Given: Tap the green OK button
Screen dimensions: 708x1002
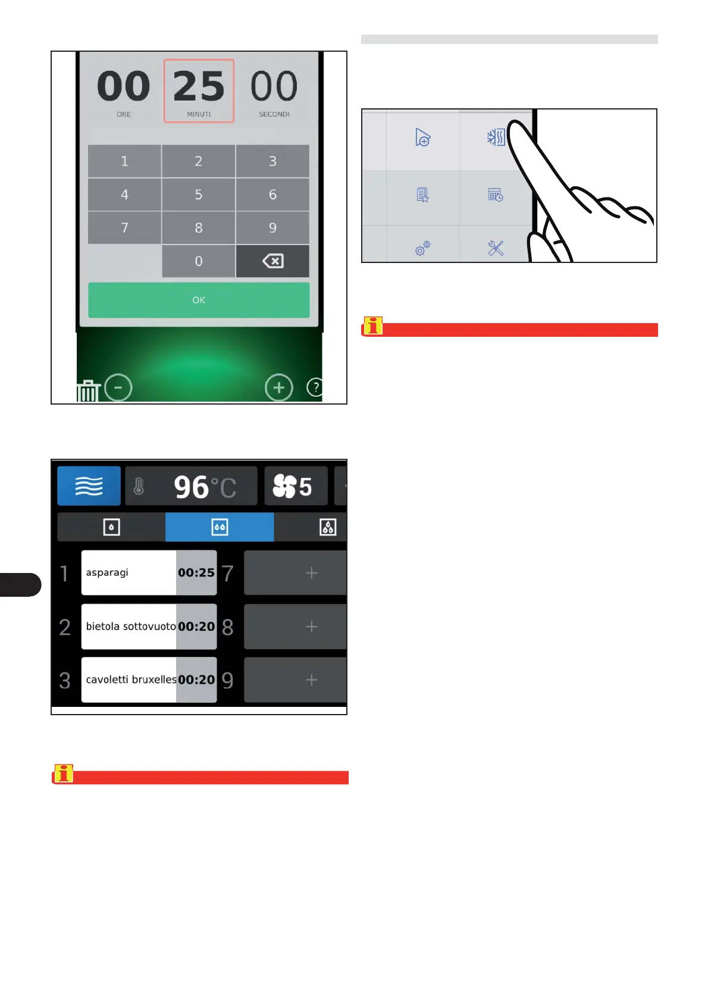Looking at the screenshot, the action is [199, 300].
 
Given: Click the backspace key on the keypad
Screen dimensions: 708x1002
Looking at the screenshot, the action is [272, 261].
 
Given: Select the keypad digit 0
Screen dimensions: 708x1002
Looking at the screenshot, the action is [199, 261].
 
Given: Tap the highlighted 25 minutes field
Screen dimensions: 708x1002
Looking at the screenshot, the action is [199, 90].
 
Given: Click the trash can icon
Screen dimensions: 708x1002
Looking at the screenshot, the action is [87, 391].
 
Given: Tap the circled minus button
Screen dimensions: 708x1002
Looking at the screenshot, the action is [118, 388].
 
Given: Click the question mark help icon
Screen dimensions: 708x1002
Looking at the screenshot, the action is [315, 387].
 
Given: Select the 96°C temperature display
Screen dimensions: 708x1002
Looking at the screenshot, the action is [191, 487].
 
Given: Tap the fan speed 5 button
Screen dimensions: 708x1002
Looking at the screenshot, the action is [295, 487].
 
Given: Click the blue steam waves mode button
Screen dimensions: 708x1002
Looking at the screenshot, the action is [89, 486].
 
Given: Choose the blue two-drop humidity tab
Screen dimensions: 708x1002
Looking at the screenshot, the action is [220, 527].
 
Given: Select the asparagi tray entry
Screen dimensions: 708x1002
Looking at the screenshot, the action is [129, 572].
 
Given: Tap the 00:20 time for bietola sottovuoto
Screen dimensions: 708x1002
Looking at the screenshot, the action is [196, 626].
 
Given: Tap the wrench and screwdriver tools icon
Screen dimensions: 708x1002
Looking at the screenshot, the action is [496, 248].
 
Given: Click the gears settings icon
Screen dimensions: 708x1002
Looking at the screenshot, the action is [422, 248].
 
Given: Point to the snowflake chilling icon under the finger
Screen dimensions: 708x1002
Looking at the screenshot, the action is [495, 138].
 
